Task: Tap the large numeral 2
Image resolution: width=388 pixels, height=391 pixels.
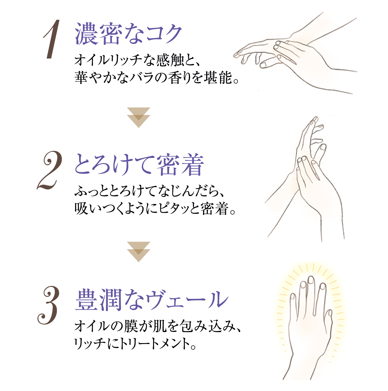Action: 49,170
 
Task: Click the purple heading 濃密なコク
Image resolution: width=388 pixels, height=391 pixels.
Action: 128,34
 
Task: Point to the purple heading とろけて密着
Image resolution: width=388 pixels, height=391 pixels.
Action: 139,165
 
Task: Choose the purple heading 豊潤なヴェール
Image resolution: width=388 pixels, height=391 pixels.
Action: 152,300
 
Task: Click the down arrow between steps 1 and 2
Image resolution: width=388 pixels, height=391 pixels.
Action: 139,118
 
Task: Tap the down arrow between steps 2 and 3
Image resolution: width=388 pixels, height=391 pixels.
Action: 139,252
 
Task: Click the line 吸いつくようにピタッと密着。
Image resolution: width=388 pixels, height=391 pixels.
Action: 155,209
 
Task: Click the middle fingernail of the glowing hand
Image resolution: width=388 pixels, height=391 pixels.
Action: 311,280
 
